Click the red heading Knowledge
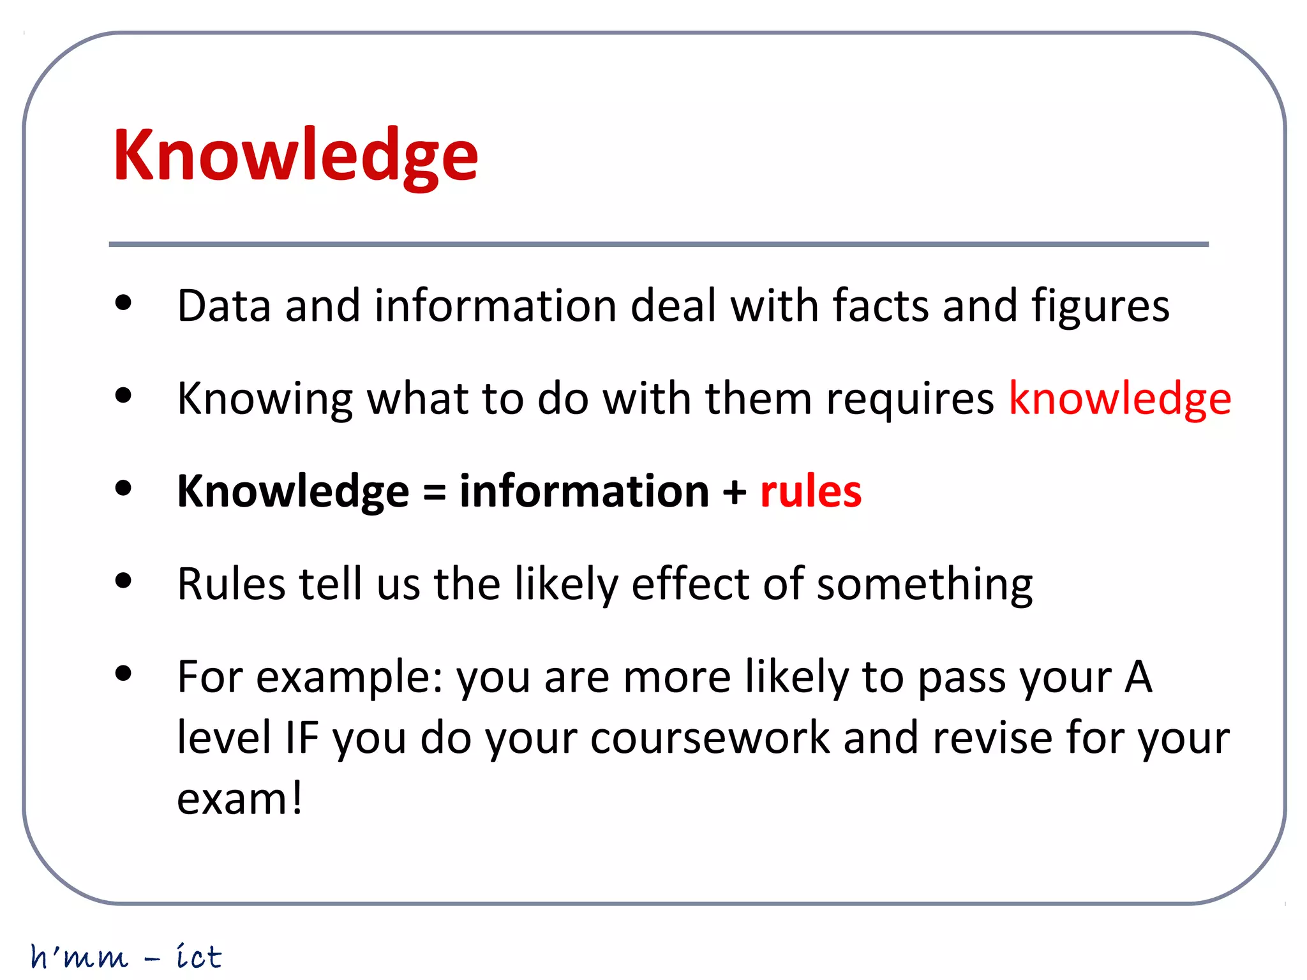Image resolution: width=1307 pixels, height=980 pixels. (295, 156)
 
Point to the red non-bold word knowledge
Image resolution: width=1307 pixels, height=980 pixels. (1120, 399)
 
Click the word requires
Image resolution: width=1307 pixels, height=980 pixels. (909, 399)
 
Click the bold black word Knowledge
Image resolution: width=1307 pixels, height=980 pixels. (293, 492)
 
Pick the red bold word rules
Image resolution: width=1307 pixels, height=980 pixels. (810, 492)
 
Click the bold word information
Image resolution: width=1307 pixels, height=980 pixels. (584, 491)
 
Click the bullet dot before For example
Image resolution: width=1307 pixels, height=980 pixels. (123, 674)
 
